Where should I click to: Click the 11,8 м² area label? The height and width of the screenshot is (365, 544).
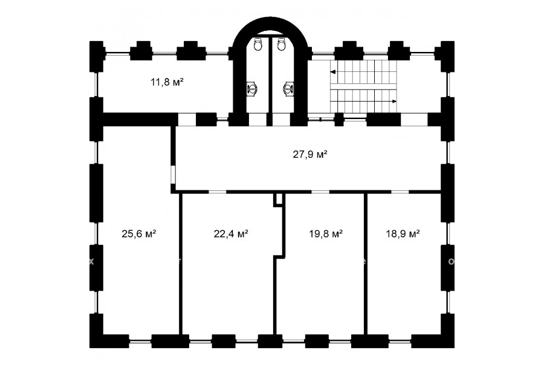coord(167,83)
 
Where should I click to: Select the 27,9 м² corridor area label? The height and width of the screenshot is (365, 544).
coord(310,154)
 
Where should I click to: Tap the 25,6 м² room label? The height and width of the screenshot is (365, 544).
coord(139,234)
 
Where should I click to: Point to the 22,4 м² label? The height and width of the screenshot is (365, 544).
coord(231,234)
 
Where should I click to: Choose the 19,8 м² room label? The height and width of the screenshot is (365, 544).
coord(326,234)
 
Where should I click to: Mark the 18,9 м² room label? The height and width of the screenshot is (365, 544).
coord(403,234)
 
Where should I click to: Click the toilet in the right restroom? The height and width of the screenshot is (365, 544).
coord(282,44)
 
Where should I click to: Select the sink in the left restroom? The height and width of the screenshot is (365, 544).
coord(252,88)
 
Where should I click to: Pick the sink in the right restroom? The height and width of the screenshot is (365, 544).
coord(289,88)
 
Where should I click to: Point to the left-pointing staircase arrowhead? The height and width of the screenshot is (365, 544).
coord(332,72)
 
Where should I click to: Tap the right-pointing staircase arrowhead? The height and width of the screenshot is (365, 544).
coord(395,102)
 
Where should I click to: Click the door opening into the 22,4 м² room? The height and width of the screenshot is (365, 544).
coord(218,192)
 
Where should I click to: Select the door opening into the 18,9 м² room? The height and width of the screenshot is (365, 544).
coord(400,192)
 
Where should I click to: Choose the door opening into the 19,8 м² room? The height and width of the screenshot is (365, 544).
coord(320,192)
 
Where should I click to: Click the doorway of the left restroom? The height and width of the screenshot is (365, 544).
coord(257,120)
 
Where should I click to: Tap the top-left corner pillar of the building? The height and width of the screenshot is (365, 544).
coord(97,57)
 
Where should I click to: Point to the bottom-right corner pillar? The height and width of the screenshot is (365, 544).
coord(447,331)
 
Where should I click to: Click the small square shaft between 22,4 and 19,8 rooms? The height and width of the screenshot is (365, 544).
coord(278,200)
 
